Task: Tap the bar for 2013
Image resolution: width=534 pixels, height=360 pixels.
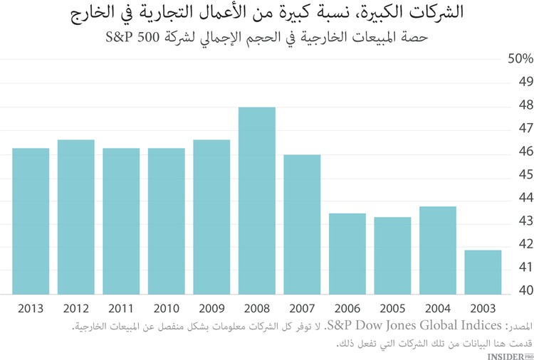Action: tap(31, 221)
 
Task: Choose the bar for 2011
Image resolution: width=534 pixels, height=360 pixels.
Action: tap(121, 221)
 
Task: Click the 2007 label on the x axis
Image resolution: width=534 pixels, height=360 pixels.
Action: tap(302, 309)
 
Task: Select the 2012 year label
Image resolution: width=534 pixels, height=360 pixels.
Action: tap(75, 309)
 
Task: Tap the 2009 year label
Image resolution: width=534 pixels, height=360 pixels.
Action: tap(211, 309)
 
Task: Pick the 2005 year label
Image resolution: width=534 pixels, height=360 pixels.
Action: tap(392, 309)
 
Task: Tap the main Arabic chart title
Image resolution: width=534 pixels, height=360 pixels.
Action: tap(268, 12)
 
